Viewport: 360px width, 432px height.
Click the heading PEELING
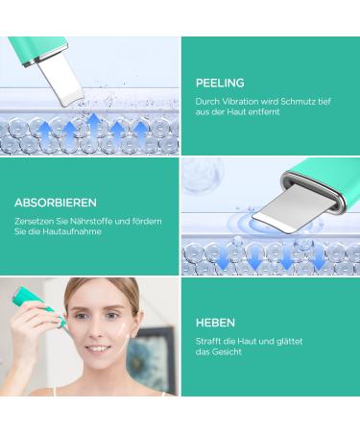pos(221,83)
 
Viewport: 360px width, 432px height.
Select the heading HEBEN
pos(216,324)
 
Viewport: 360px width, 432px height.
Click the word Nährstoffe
pos(88,221)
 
